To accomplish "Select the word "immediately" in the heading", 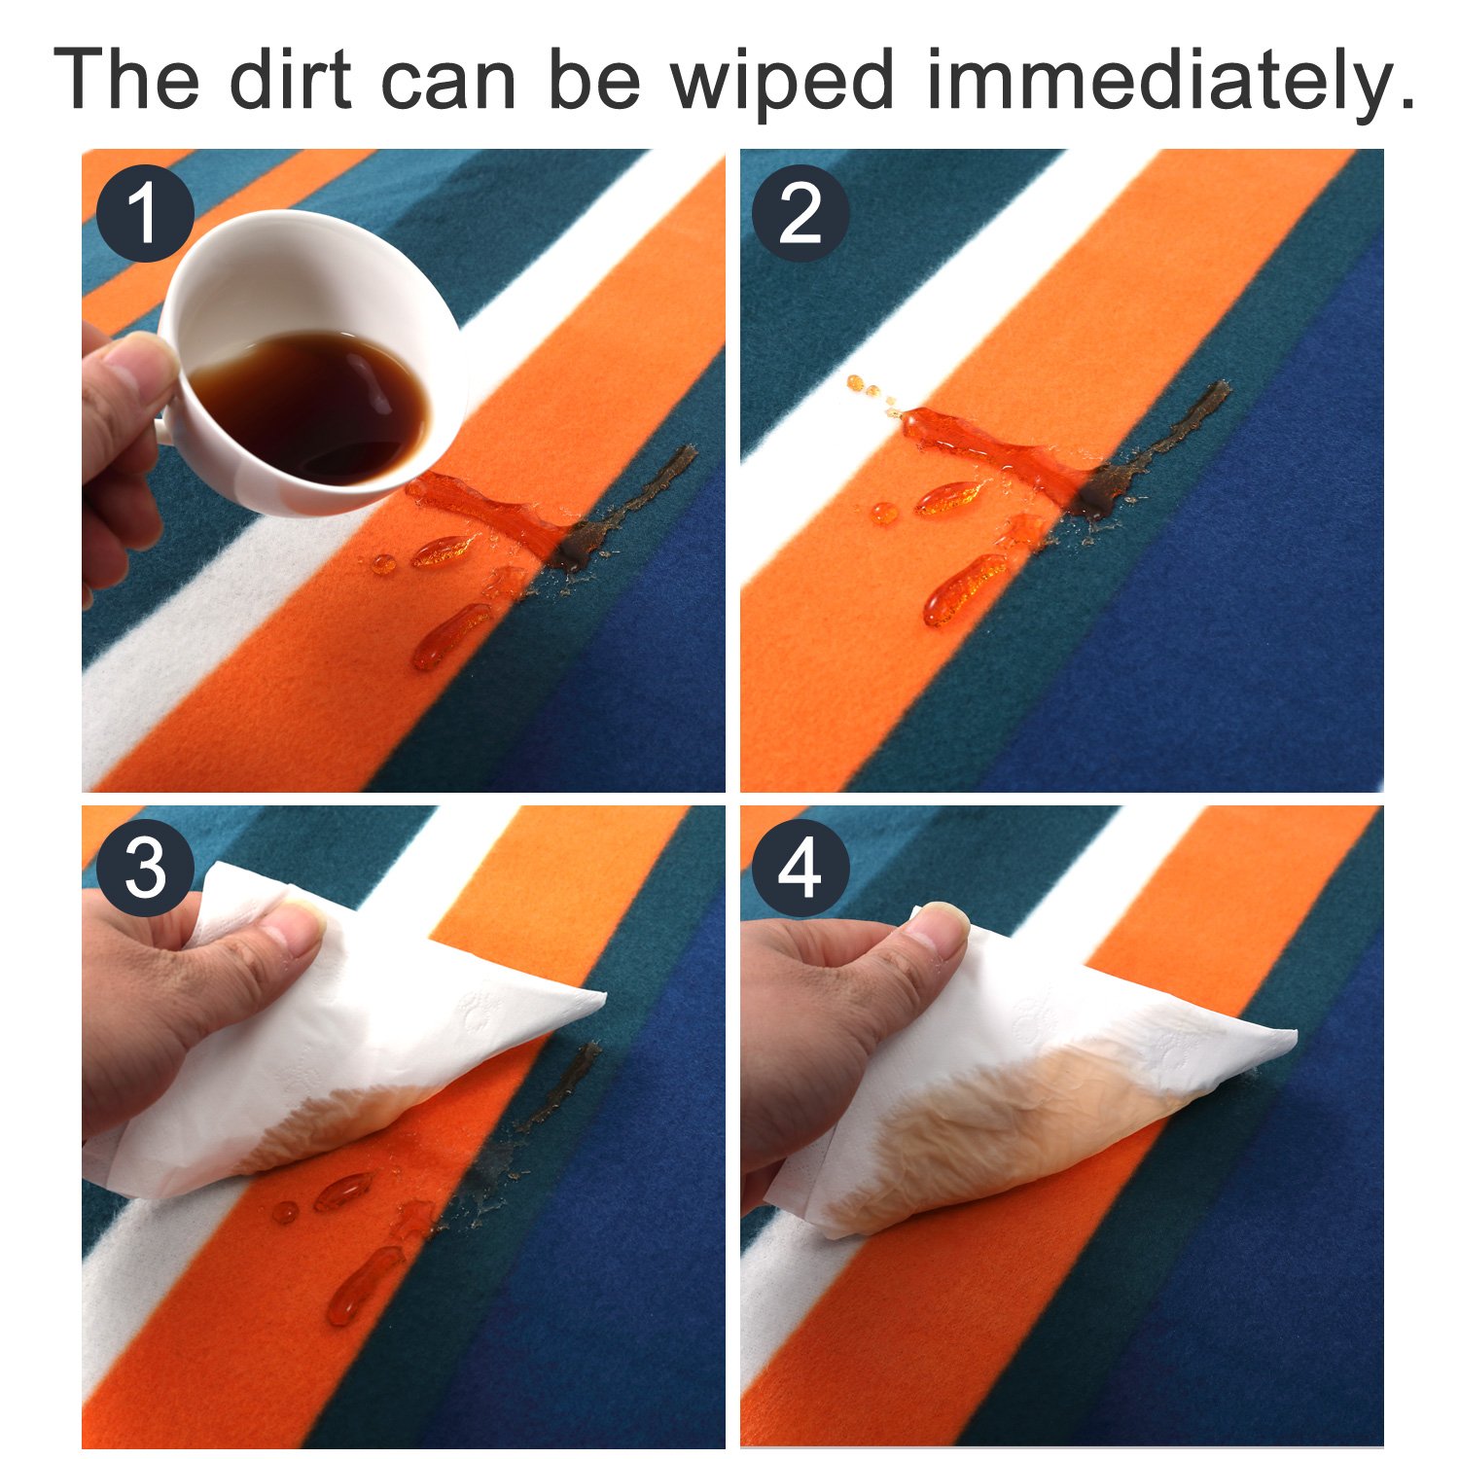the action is pos(1168,84).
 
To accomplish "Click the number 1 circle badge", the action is pos(145,213).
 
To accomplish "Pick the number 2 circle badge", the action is pos(800,213).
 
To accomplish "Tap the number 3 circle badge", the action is pos(145,869).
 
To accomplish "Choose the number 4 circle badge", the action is pos(800,869).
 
